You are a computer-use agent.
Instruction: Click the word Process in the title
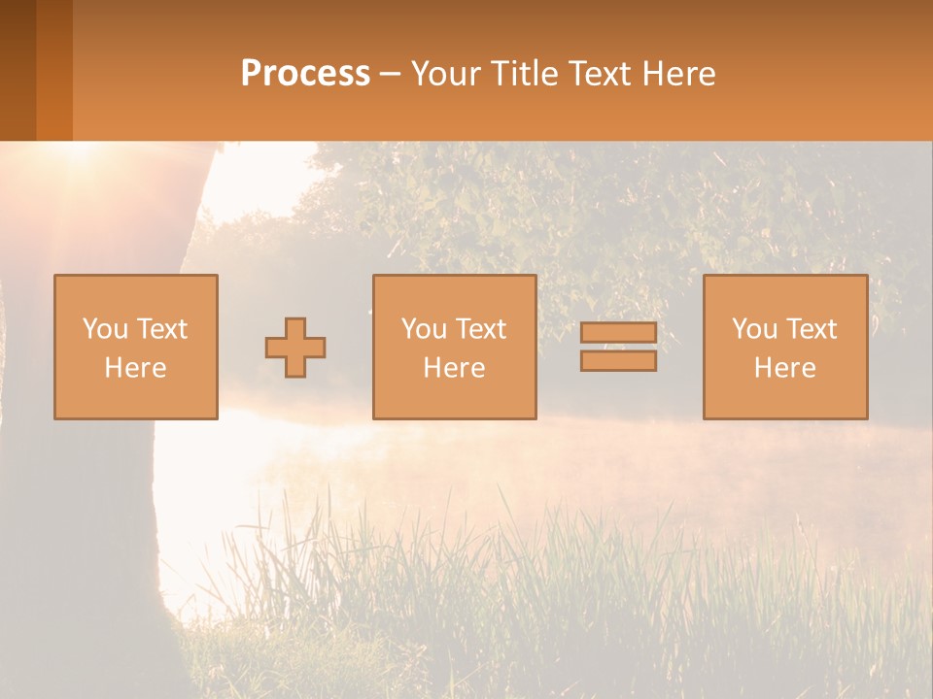305,74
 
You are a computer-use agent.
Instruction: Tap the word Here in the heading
674,74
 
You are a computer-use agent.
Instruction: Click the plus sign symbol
295,348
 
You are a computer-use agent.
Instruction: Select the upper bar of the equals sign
618,333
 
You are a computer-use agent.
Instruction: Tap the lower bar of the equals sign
618,361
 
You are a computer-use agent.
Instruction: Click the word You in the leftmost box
105,329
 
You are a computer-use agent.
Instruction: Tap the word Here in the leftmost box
135,368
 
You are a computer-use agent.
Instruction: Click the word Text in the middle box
480,329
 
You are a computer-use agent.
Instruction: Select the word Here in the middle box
454,368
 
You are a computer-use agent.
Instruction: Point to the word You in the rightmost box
754,329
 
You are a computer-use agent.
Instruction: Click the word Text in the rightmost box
811,329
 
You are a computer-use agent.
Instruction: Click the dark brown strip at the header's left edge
17,70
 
